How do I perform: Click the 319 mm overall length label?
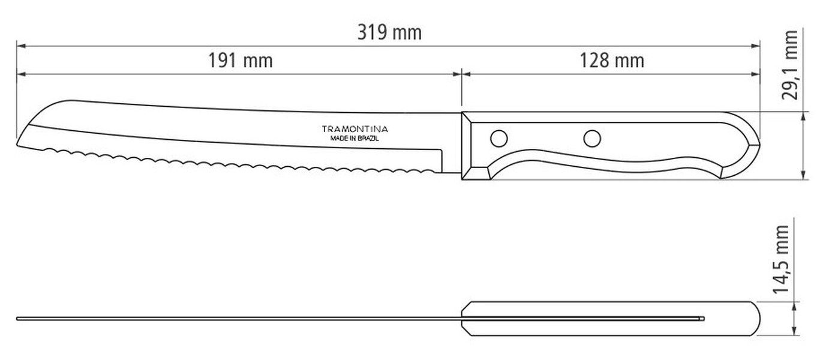point(389,32)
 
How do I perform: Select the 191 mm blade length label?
point(241,60)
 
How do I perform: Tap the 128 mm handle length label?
point(612,60)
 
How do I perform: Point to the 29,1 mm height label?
point(789,65)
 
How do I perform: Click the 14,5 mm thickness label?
point(781,259)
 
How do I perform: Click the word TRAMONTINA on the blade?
point(355,129)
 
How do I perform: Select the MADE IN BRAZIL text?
point(355,139)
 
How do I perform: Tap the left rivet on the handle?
point(499,139)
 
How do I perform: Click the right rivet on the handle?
point(592,139)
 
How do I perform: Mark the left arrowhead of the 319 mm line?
point(21,46)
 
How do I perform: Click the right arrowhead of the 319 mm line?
point(755,46)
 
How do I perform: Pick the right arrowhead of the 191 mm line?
point(457,74)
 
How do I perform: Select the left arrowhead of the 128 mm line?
point(467,74)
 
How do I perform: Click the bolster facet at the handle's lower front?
point(476,173)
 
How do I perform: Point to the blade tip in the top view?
point(17,319)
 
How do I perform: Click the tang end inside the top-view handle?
point(703,319)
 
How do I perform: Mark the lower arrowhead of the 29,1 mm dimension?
point(804,175)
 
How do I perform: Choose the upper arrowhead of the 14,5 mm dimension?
point(795,307)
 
